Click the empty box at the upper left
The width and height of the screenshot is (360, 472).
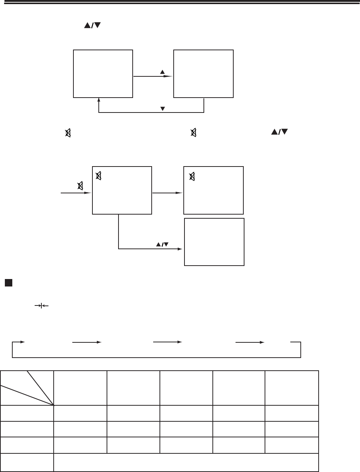103,73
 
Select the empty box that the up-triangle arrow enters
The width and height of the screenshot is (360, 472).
203,73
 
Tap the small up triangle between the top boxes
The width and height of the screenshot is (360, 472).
162,72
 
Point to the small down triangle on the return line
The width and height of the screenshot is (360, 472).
162,109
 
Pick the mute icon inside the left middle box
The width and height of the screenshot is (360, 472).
99,175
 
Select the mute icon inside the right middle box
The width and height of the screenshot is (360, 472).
192,176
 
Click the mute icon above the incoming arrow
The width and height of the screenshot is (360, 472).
80,185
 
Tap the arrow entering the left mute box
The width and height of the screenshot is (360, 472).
76,193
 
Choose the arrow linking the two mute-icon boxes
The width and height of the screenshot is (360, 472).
168,193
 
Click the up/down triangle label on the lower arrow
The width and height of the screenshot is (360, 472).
162,244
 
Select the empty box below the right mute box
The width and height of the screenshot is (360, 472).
214,242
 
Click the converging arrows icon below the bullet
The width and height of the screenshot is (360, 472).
42,305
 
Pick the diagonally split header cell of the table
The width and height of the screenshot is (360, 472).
27,388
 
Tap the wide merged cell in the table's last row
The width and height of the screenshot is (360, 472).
186,462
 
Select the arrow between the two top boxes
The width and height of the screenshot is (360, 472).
153,76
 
